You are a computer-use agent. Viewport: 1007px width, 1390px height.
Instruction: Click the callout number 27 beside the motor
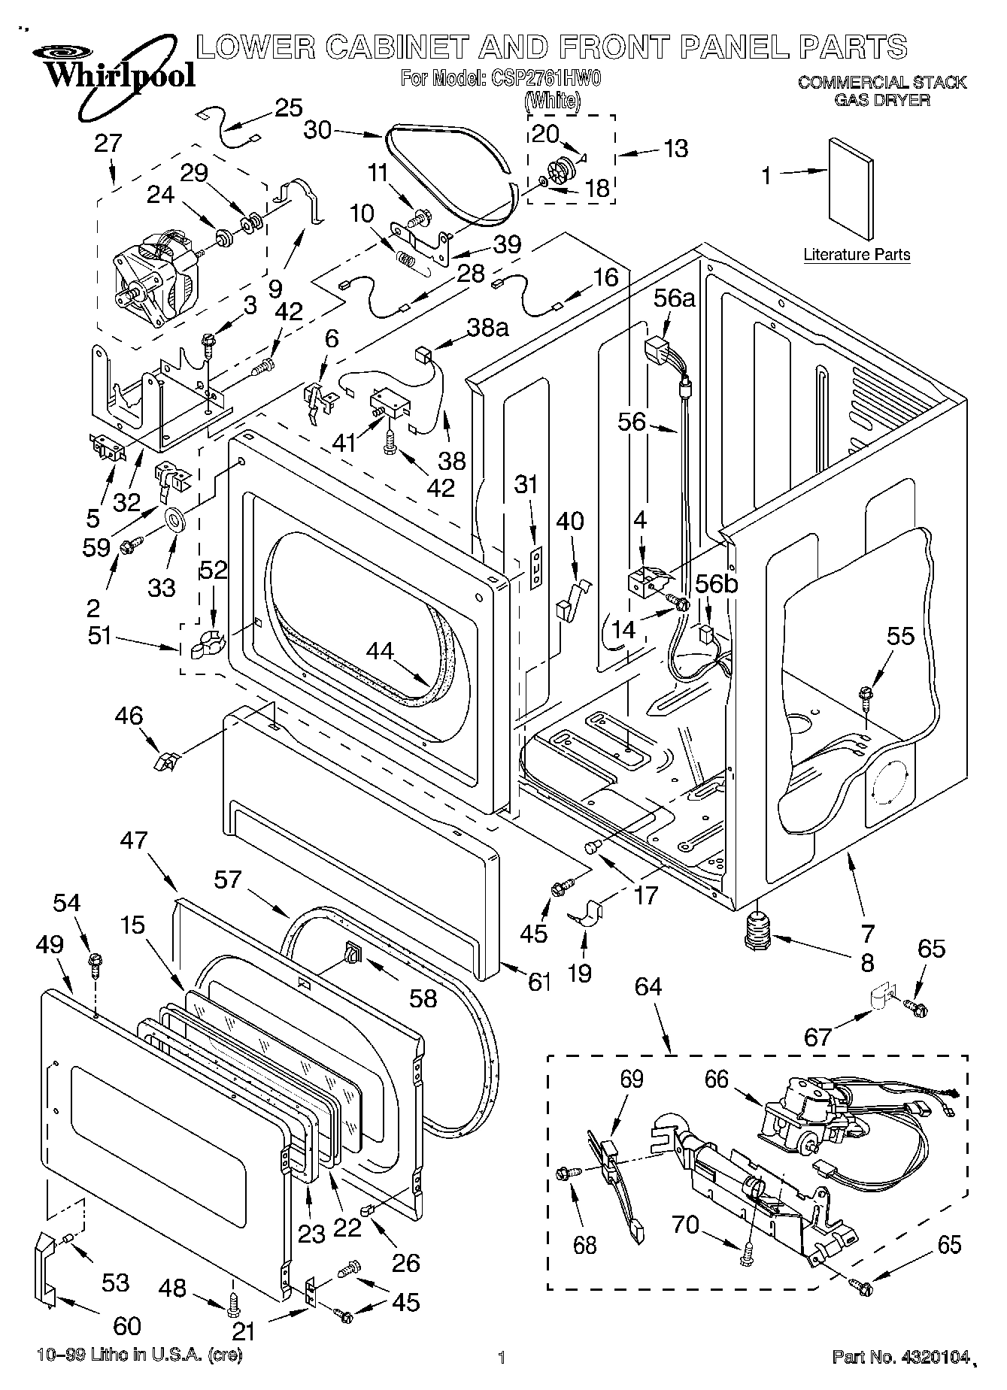108,143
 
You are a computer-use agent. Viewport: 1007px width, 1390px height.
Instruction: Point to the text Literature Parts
857,254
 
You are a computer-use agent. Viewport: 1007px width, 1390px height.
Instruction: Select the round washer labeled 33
175,519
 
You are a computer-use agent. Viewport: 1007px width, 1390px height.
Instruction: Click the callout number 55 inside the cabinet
900,636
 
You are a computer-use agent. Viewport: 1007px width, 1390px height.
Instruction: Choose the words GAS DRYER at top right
882,99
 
